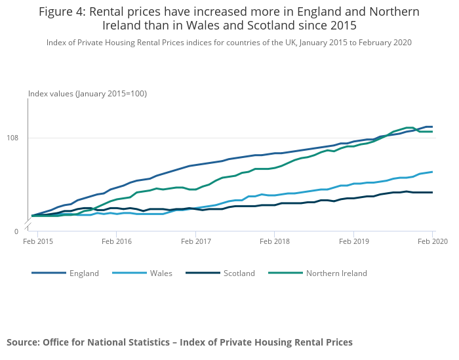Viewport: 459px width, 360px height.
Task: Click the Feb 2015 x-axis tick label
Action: tap(38, 242)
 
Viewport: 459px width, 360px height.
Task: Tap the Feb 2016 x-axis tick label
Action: tap(116, 242)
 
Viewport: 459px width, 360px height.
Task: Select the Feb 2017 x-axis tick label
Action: tap(195, 242)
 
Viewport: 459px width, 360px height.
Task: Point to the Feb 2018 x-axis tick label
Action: tap(274, 242)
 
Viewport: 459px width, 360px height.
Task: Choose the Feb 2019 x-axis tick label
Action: tap(353, 242)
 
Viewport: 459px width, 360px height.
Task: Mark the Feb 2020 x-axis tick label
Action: tap(431, 242)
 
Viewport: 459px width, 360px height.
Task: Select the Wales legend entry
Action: tap(161, 273)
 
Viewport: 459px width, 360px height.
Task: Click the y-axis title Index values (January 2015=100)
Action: tap(87, 94)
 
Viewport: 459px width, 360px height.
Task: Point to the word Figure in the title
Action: tap(56, 12)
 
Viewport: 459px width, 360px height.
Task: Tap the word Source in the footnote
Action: tap(22, 342)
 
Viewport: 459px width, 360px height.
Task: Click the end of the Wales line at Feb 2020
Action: tap(432, 172)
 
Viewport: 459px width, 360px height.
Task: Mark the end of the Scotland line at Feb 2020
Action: tap(432, 192)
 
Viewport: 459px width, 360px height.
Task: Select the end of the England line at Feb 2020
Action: tap(432, 127)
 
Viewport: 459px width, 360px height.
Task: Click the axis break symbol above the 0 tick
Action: tap(28, 226)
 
